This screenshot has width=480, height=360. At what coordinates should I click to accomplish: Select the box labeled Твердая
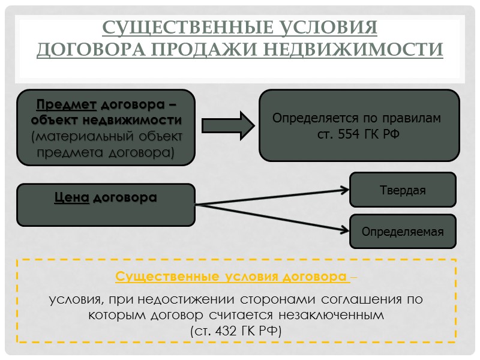(x=403, y=190)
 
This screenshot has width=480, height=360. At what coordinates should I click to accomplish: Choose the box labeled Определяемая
(x=403, y=231)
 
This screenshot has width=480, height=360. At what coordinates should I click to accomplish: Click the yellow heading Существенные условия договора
(x=233, y=277)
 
